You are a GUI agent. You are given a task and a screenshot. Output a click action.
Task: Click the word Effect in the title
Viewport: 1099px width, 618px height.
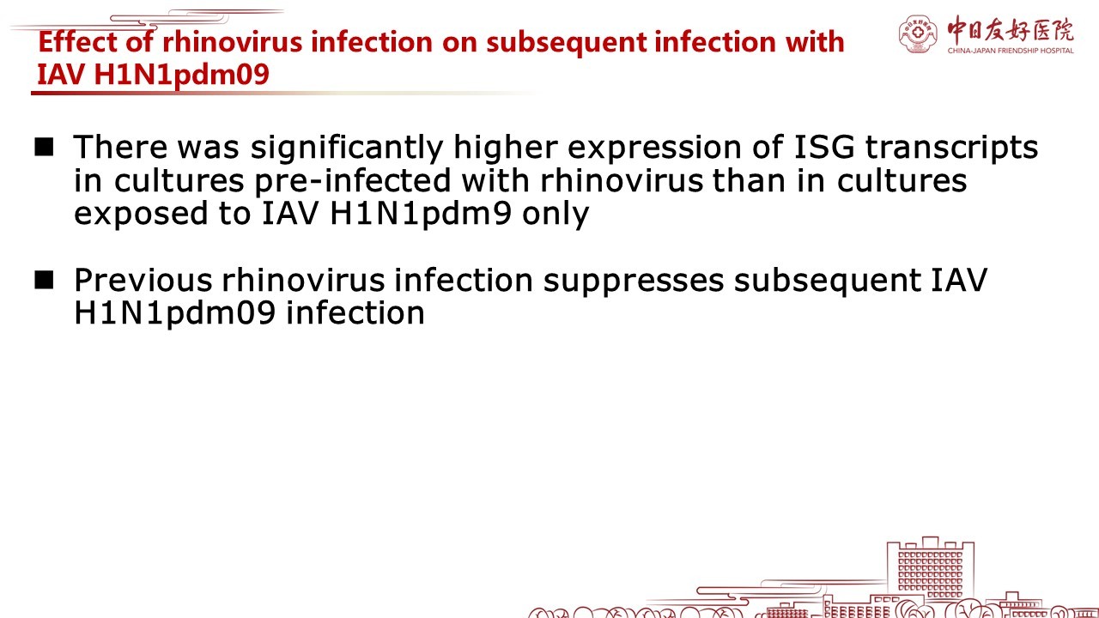click(77, 41)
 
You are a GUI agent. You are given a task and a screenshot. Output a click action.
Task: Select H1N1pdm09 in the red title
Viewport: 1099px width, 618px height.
click(181, 75)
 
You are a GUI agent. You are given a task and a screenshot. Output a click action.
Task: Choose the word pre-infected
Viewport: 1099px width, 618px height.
click(352, 181)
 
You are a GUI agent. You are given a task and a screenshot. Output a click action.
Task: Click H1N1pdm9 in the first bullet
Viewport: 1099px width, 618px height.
click(421, 214)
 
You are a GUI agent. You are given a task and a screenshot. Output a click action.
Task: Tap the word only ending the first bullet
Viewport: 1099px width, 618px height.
click(555, 214)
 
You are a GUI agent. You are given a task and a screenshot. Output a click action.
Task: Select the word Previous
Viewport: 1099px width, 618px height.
click(143, 281)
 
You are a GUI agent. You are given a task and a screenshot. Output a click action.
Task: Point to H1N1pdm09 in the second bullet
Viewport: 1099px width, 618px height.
click(174, 314)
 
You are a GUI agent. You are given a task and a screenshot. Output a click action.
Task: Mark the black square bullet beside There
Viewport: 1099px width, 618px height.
click(44, 147)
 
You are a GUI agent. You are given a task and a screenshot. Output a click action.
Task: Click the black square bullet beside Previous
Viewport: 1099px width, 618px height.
click(44, 280)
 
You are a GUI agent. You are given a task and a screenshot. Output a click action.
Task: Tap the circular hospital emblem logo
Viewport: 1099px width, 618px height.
click(918, 33)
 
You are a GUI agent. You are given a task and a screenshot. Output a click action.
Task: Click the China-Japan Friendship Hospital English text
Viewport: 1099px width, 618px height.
click(1011, 51)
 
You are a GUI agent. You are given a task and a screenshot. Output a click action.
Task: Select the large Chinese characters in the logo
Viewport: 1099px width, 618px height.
click(1011, 30)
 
